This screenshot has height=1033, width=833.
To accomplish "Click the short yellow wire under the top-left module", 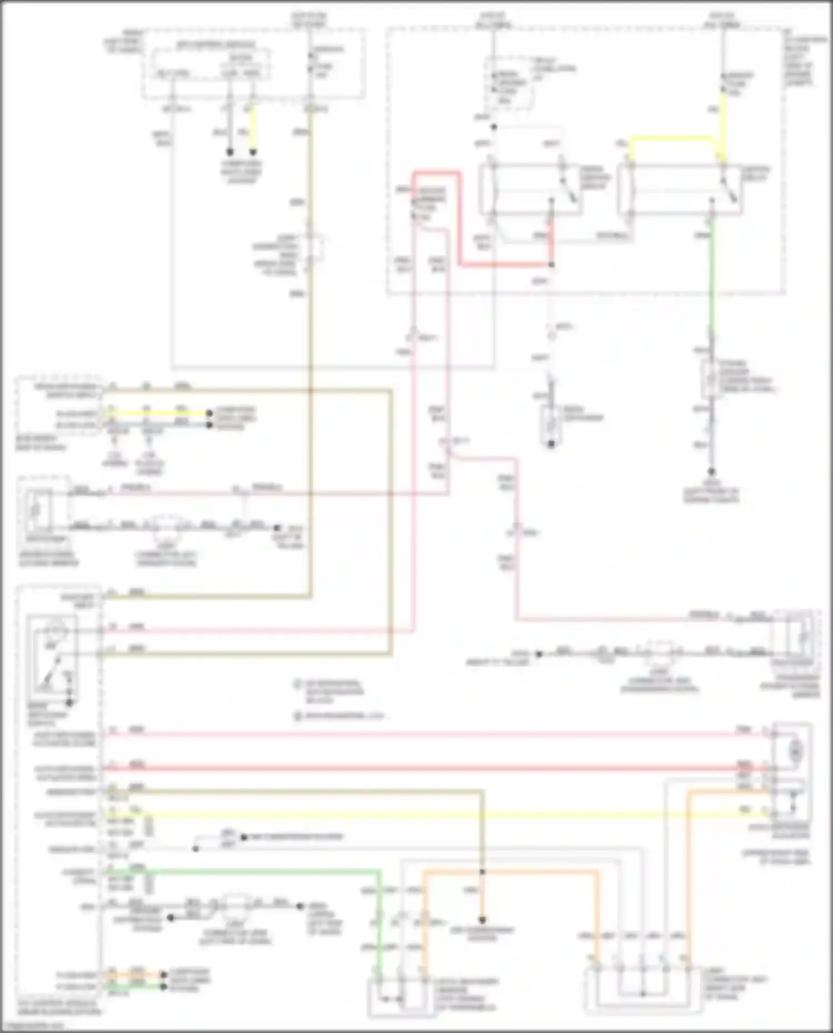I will (254, 128).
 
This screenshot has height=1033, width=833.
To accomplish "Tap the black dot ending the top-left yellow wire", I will (254, 152).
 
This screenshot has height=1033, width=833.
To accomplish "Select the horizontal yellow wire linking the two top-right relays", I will (672, 138).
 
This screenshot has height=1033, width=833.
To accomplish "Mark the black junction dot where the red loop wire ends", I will (551, 265).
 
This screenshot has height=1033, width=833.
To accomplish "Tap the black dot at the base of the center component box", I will (551, 444).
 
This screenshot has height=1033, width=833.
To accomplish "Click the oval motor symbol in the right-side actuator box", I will (796, 750).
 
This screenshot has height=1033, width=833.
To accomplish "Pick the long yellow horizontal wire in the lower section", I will (444, 814).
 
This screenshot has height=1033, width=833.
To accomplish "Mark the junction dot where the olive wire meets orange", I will (482, 872).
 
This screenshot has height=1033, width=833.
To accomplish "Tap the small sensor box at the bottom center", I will (400, 996).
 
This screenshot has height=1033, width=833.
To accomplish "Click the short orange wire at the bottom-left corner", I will (136, 974).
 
